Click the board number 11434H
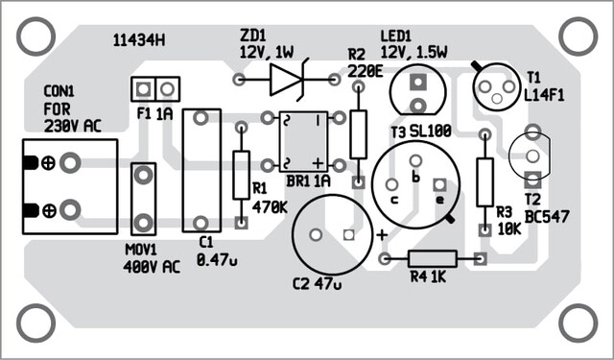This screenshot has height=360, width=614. point(138,40)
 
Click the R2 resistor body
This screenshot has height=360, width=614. point(358,134)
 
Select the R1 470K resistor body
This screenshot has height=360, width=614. point(241,175)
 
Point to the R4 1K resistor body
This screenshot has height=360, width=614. point(433,258)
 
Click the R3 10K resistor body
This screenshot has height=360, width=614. point(484,182)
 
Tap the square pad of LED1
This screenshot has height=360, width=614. point(418,82)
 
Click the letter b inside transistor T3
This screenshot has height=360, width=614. point(415,177)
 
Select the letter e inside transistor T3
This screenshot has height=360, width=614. point(440,200)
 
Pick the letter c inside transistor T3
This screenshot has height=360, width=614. point(394,200)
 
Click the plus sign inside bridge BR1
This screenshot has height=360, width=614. point(319,162)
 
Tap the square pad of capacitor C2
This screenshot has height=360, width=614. point(348,235)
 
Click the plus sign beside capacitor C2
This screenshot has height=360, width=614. point(382,235)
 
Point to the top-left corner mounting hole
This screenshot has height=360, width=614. point(35,36)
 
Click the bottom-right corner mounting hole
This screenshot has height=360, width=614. point(578,324)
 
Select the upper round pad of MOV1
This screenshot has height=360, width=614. point(143,175)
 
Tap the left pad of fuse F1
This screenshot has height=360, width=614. point(143,89)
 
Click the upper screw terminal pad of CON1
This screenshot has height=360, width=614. point(70,163)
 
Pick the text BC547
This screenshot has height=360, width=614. point(547,216)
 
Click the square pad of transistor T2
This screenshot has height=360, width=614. point(532,180)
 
